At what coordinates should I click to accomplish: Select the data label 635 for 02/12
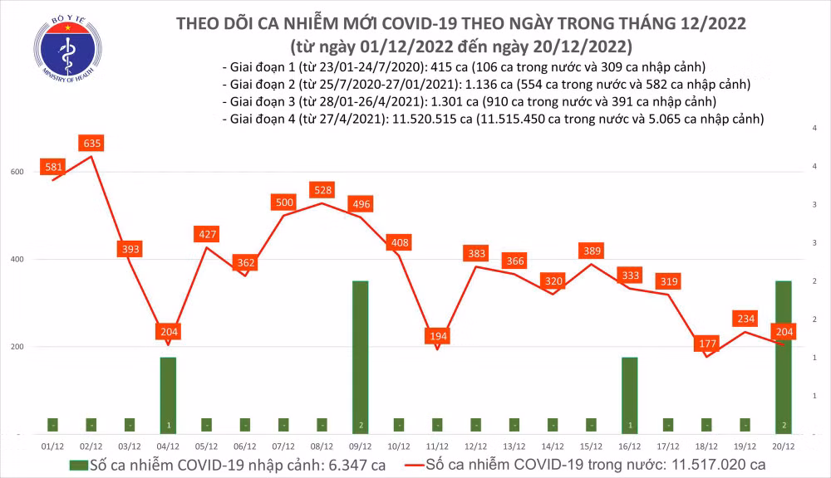92,144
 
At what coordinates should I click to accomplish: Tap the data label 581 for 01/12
54,167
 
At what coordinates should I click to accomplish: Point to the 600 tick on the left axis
17,172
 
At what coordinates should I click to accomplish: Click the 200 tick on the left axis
17,347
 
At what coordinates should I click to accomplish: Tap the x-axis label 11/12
437,445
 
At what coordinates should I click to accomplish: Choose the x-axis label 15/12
591,445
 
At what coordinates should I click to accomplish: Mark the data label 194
437,336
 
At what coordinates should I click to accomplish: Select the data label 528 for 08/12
322,190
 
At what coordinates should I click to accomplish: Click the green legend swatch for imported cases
79,463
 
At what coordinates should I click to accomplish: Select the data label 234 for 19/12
745,318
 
